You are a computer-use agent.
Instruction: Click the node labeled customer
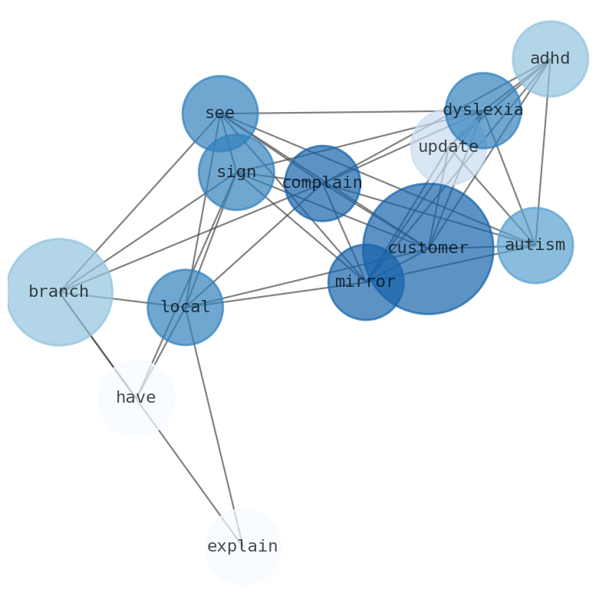coord(428,249)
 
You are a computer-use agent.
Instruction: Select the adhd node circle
coord(550,59)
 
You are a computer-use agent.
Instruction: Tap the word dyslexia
coord(482,110)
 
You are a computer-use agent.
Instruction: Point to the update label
coord(448,147)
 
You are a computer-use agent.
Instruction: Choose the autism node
coord(535,245)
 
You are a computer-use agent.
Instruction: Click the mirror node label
coord(365,282)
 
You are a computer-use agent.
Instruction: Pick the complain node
coord(322,183)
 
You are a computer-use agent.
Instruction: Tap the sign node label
coord(236,173)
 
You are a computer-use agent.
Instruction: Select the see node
coord(220,114)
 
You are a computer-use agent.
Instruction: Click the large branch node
coord(59,292)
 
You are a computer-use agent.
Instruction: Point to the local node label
coord(185,308)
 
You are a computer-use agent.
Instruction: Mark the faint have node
coord(136,398)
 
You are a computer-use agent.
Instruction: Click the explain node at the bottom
coord(242,547)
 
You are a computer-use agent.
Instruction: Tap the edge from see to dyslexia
coord(345,112)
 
